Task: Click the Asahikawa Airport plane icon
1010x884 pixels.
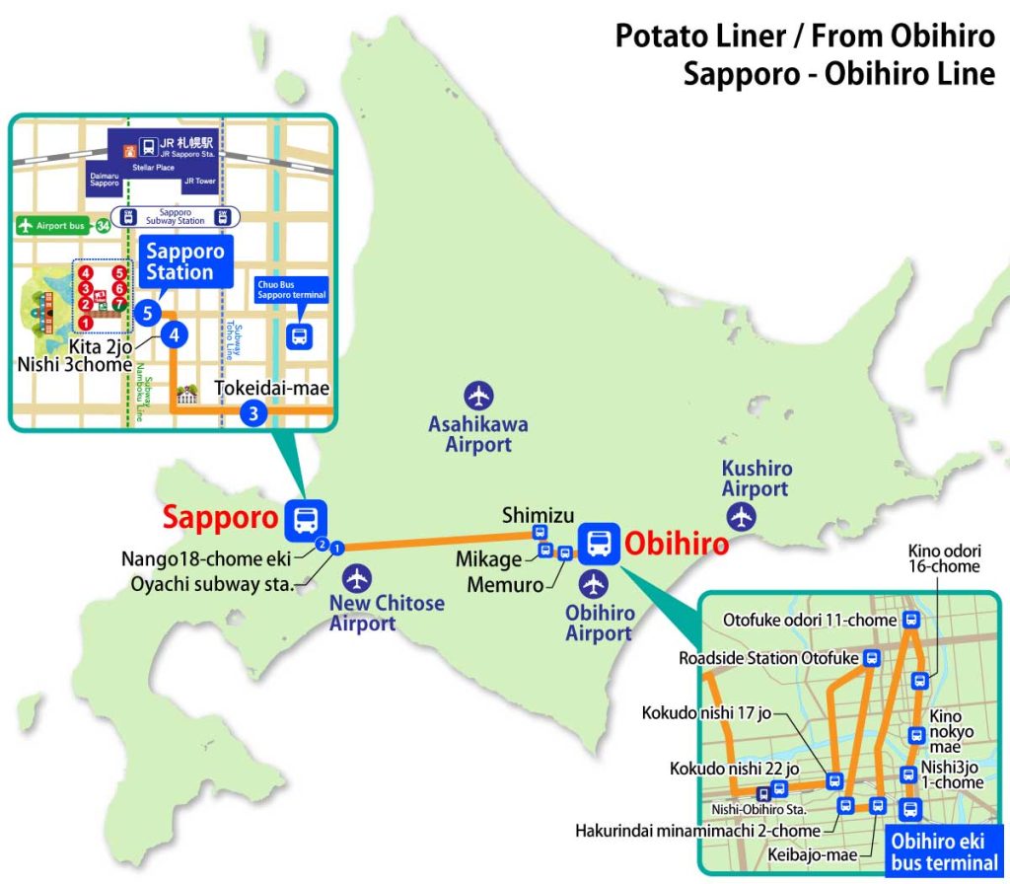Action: point(479,397)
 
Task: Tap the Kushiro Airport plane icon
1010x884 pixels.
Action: point(740,516)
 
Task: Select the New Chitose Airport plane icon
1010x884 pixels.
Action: point(357,578)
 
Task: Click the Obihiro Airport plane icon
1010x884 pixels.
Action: point(593,584)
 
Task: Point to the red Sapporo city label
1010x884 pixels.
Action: point(219,517)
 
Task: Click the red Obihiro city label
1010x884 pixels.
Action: point(677,544)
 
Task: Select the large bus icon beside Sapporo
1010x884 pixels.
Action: point(306,518)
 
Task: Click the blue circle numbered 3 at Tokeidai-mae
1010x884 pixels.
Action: point(253,414)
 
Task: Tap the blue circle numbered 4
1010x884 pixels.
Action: point(175,335)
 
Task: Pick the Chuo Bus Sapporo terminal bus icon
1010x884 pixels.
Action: point(299,336)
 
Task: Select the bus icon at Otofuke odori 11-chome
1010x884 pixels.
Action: point(911,621)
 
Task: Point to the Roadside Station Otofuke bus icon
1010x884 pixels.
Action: point(871,658)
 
